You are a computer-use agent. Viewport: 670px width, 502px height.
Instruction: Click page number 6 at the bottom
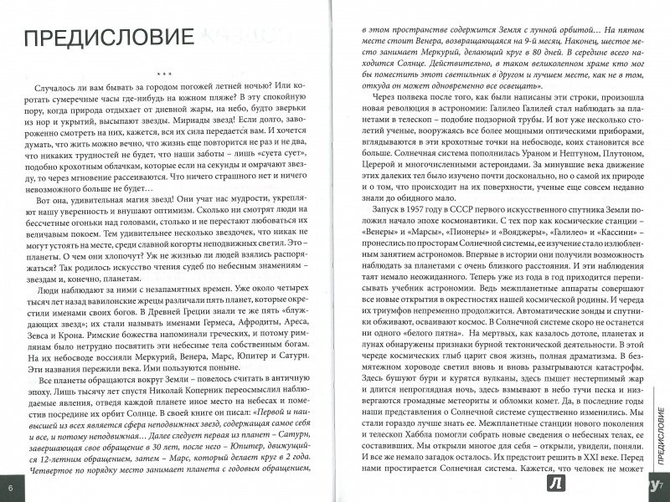point(10,486)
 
